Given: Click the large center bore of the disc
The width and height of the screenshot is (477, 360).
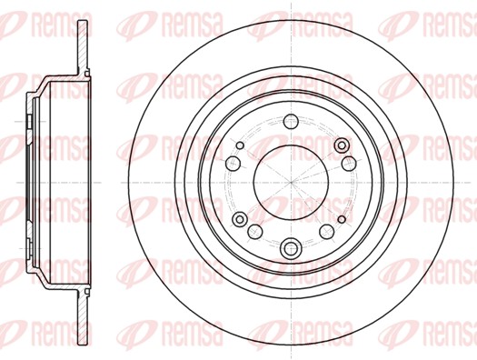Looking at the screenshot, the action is [x=291, y=183].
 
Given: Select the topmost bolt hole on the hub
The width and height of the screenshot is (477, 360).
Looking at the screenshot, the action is [x=291, y=122].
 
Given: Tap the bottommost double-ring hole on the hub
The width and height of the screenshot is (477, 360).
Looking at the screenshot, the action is [x=291, y=248].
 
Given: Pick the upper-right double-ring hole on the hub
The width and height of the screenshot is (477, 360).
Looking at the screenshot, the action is [x=342, y=145].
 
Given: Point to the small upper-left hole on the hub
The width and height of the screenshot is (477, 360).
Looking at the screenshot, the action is [x=241, y=145].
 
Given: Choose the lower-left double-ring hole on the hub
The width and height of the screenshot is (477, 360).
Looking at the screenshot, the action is [x=240, y=219].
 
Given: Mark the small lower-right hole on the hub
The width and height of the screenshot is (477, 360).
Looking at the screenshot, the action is [x=342, y=219].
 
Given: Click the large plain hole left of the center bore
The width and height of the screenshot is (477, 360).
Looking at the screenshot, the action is [x=233, y=164].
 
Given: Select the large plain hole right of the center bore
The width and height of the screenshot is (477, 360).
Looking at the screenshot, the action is [x=349, y=164].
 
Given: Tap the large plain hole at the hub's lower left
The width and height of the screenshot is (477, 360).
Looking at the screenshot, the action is [x=255, y=232].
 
